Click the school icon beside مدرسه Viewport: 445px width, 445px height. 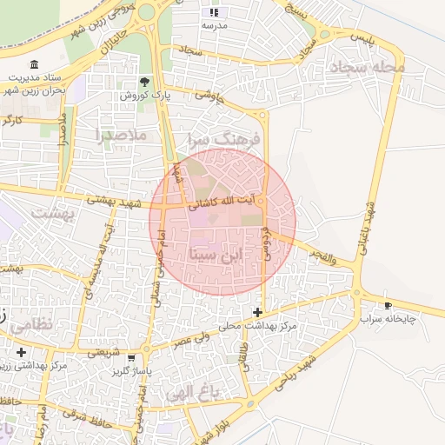click(214, 13)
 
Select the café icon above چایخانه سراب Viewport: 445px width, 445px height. click(388, 305)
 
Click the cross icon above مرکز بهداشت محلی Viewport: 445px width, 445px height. click(257, 312)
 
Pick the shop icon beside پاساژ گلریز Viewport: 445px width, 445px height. click(130, 357)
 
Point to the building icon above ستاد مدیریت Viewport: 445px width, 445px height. click(34, 64)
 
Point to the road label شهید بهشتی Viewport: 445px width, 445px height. click(112, 200)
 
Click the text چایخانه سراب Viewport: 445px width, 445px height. click(389, 319)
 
